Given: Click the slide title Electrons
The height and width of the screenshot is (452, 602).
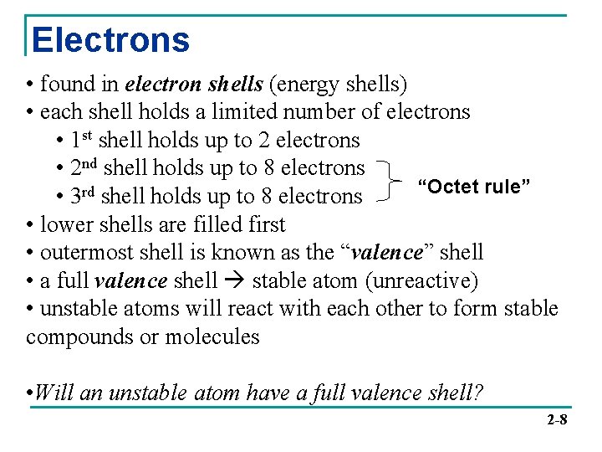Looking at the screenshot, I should pos(110,40).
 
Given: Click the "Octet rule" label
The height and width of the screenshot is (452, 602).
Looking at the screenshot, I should pos(474,187).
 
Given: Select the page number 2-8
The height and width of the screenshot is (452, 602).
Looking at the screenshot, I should pos(557,419).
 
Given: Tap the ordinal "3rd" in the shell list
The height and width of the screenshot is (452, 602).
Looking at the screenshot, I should pos(84,196).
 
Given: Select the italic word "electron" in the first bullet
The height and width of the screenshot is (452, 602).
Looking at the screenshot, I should pos(162,84).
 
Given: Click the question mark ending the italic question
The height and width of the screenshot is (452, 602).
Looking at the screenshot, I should pos(478,392).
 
